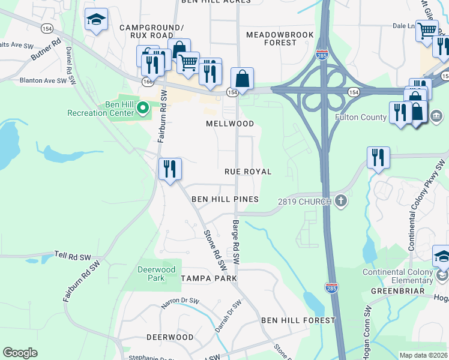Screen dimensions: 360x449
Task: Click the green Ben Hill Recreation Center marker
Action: coord(142,108)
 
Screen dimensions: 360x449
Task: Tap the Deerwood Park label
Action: coord(151,274)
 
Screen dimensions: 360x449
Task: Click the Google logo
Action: coord(20,352)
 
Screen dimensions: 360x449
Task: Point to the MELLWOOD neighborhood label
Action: coord(230,124)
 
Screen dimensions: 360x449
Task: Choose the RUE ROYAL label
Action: coord(248,172)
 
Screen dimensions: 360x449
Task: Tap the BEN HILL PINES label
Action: coord(225,199)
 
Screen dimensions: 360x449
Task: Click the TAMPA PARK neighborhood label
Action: coord(209,278)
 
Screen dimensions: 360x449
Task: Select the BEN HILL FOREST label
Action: coord(298,320)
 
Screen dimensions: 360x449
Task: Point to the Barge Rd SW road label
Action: coord(237,243)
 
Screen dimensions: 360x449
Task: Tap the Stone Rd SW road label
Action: coord(216,250)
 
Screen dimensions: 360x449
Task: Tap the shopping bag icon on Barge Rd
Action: coord(242,79)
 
